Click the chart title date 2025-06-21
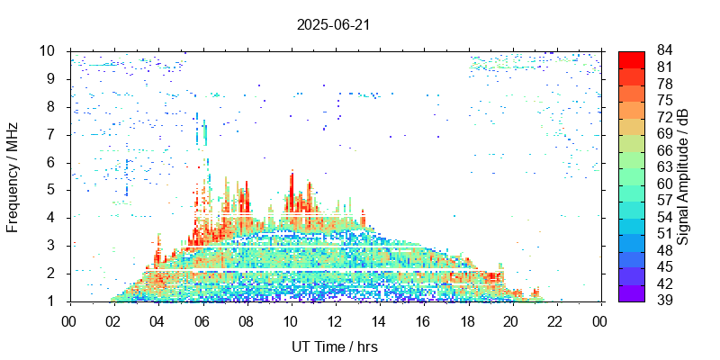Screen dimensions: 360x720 333,24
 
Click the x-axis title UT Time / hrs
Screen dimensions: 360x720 335,347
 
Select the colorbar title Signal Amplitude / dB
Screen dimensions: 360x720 683,176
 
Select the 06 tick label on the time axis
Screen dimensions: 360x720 202,320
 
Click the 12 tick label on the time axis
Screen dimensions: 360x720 335,320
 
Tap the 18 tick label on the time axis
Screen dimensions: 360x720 467,320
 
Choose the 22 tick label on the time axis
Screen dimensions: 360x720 555,320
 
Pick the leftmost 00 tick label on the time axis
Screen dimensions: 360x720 70,320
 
